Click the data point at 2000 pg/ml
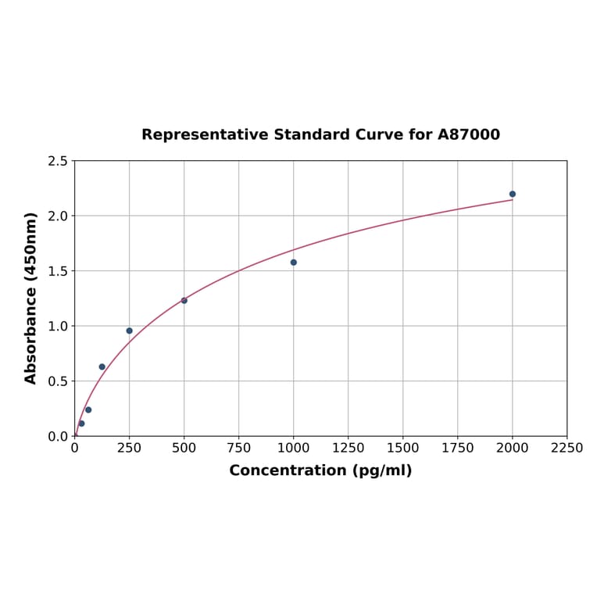(513, 194)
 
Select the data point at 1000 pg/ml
(294, 263)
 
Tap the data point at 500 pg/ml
(184, 301)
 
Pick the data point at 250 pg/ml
(130, 331)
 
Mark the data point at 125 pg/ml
(102, 366)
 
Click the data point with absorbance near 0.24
(88, 409)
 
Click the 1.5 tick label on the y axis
(58, 271)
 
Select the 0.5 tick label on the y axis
(58, 381)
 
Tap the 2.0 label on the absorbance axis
(58, 216)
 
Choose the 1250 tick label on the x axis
(349, 448)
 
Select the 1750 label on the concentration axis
(458, 448)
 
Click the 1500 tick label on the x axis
(403, 448)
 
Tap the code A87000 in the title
(468, 135)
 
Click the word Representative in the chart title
(205, 135)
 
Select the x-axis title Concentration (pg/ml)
(320, 470)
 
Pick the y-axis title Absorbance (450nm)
(31, 298)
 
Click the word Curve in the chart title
(380, 135)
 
